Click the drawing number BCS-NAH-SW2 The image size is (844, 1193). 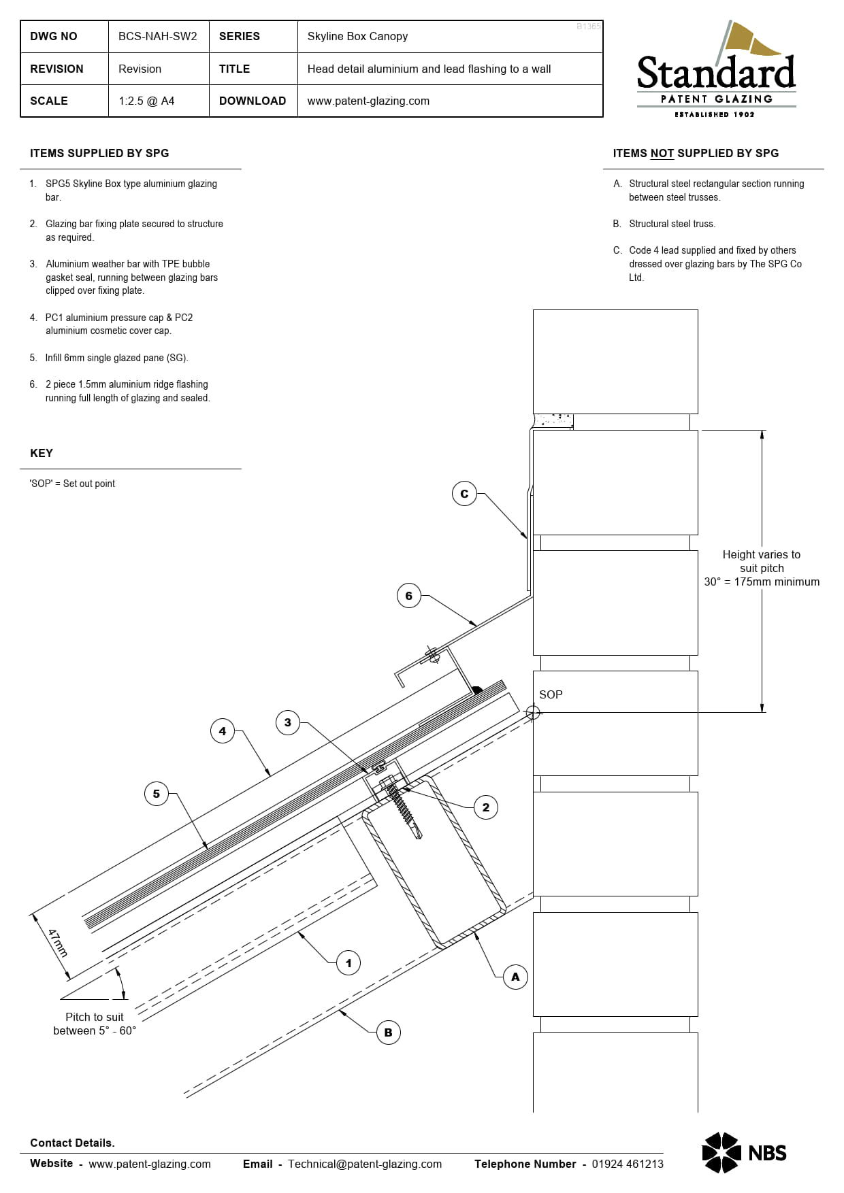[157, 36]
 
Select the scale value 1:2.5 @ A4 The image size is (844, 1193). [146, 101]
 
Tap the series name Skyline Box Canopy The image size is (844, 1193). [357, 36]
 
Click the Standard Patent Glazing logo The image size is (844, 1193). [716, 71]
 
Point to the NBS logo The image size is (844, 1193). [744, 1152]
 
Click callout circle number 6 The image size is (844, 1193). [408, 596]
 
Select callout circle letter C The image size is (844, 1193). [464, 494]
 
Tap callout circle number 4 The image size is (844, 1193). [223, 731]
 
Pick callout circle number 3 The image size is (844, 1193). [288, 722]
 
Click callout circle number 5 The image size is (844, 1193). [157, 794]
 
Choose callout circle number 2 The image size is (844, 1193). [486, 807]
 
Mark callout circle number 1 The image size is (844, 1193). [348, 963]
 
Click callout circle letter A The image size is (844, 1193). [515, 977]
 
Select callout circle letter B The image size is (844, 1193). [388, 1032]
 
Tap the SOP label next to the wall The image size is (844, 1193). [551, 694]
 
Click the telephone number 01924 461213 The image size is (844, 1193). [627, 1164]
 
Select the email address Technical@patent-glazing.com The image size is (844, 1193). [364, 1164]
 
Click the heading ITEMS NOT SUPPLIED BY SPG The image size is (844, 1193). [695, 153]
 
